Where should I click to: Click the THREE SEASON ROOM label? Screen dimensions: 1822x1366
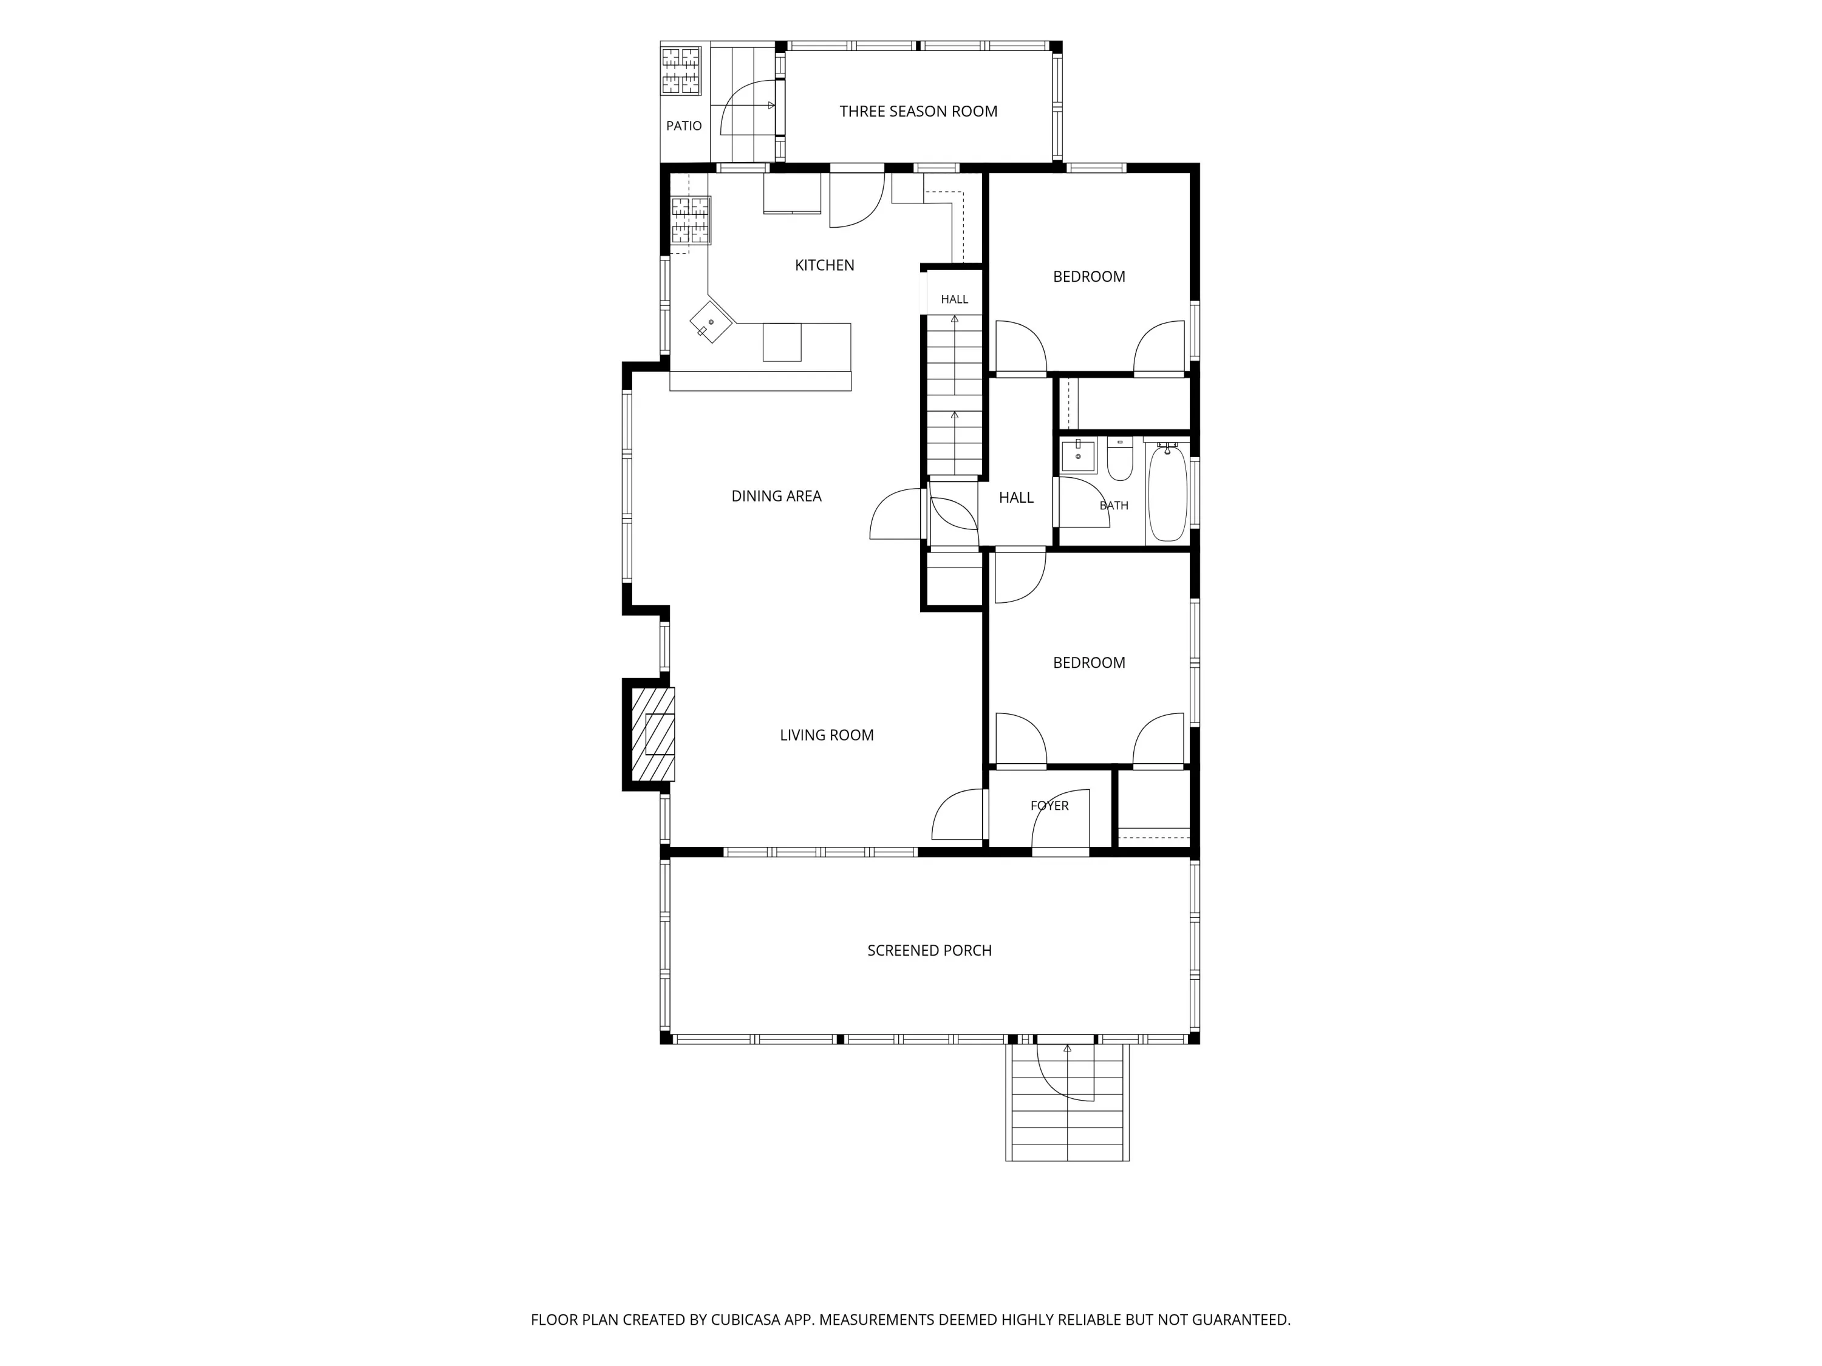[918, 111]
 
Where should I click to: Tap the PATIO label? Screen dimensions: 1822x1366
[684, 126]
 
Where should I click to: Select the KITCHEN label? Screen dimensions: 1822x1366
[825, 265]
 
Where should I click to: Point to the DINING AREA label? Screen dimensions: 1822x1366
[776, 495]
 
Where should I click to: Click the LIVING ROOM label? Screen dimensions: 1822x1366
[826, 735]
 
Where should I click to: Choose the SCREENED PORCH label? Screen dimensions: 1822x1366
[929, 950]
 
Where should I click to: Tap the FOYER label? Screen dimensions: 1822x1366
[1049, 805]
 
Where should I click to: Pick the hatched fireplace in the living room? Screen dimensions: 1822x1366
[653, 733]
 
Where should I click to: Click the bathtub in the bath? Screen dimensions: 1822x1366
[1167, 492]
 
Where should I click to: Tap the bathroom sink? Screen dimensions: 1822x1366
[1078, 456]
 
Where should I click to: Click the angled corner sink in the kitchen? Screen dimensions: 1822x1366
[711, 321]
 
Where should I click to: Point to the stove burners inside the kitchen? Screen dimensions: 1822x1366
[691, 220]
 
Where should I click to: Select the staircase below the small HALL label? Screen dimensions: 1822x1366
[955, 395]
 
